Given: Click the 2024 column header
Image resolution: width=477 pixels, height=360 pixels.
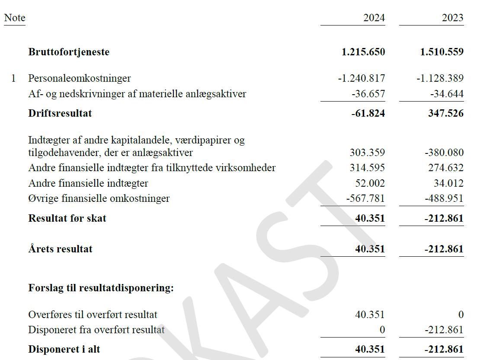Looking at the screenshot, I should tap(374, 18).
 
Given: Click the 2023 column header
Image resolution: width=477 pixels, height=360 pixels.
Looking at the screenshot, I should tap(453, 18).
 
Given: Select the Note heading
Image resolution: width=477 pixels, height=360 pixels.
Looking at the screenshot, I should tap(15, 18).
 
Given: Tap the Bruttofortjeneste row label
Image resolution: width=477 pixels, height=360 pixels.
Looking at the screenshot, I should tap(69, 52).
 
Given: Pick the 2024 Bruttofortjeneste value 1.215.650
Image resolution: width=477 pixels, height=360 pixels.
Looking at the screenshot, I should tap(363, 52).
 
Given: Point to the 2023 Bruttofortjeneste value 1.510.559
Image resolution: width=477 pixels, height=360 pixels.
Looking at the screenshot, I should tap(442, 52).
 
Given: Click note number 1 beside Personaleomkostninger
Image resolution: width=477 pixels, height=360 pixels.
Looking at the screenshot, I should tap(13, 78).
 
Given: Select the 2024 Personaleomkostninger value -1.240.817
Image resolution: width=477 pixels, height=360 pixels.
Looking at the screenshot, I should tap(362, 78).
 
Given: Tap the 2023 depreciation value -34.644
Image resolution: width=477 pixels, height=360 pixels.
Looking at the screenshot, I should tap(447, 94).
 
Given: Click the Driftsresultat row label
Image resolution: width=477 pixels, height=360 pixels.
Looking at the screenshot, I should tap(60, 113).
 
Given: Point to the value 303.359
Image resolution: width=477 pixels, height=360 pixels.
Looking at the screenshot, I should tap(367, 153).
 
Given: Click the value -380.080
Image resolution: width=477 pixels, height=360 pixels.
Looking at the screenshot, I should tap(445, 153).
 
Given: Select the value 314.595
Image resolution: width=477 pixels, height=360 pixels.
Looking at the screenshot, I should tap(367, 168).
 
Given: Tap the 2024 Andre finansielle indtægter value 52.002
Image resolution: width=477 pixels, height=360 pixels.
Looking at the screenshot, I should tap(370, 183).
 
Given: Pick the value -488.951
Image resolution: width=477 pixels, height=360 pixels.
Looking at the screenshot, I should tap(445, 199).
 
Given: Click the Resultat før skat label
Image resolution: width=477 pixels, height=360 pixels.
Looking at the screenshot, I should tap(67, 218).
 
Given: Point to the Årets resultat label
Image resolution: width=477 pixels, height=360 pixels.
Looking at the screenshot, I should tap(60, 249).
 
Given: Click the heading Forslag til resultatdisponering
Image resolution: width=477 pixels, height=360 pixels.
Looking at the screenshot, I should tap(101, 288).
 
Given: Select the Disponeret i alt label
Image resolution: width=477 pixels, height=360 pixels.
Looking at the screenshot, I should tap(64, 349).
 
